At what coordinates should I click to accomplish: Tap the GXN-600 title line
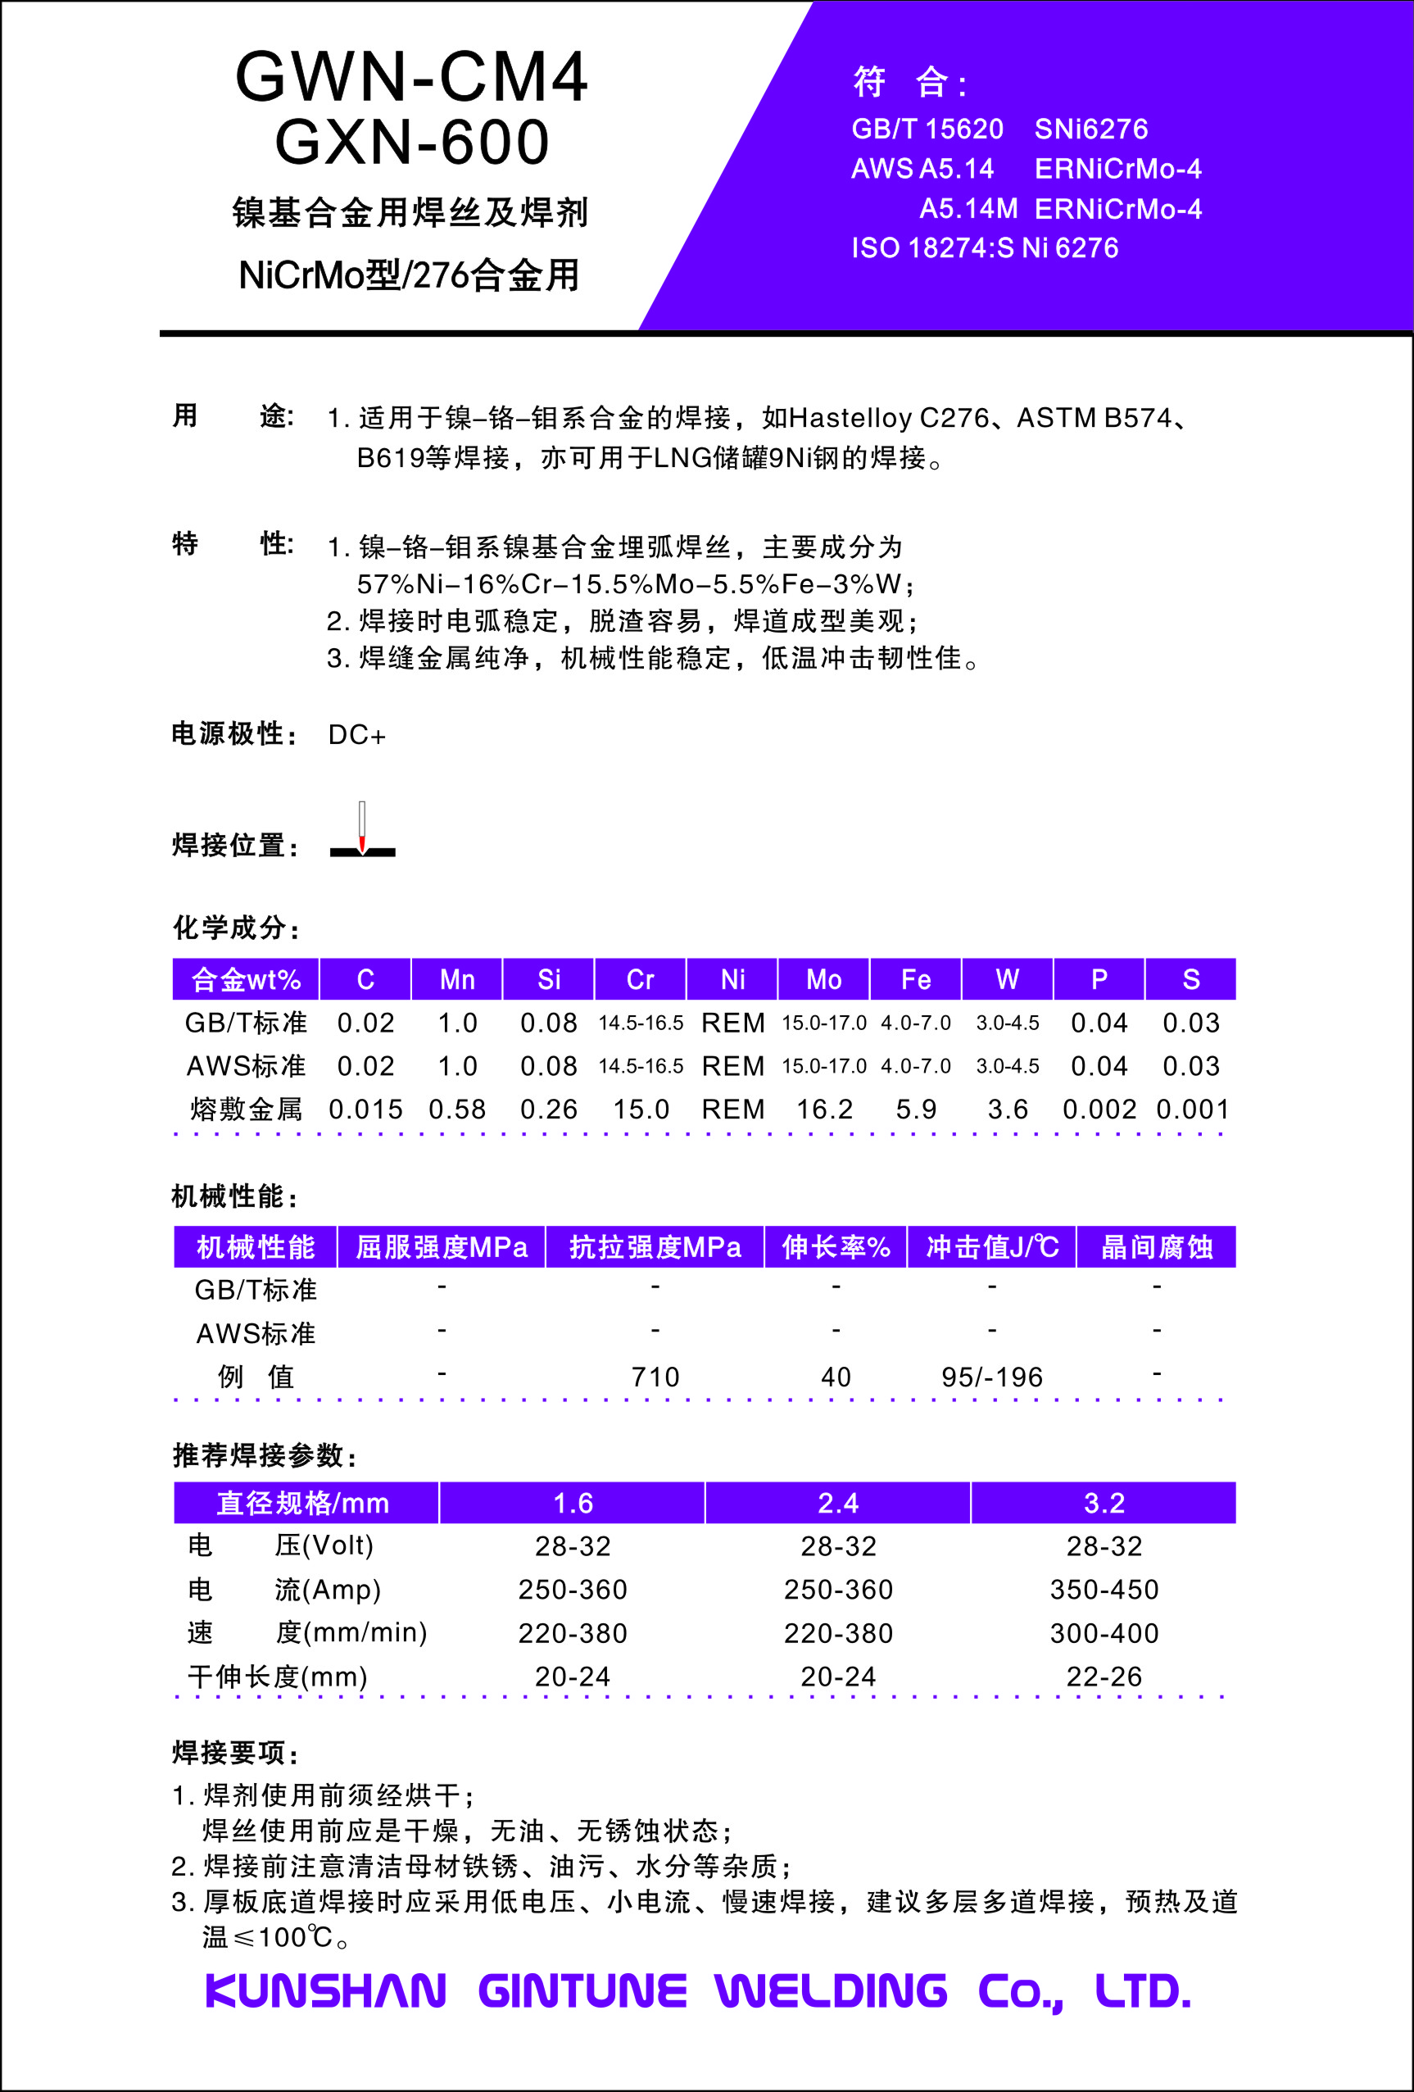tap(411, 143)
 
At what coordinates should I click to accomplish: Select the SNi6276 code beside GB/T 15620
tap(1091, 129)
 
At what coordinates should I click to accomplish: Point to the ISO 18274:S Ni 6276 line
tap(985, 247)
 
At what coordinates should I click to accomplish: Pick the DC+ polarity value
tap(356, 736)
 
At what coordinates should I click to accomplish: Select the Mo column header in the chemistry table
tap(823, 979)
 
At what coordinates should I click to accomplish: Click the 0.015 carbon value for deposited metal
tap(365, 1109)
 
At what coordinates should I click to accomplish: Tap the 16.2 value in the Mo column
tap(823, 1109)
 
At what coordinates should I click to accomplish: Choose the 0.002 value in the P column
tap(1099, 1109)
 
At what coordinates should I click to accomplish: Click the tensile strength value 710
tap(655, 1377)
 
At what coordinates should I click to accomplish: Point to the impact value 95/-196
tap(992, 1377)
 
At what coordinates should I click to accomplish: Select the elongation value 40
tap(836, 1377)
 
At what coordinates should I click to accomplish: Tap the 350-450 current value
tap(1104, 1589)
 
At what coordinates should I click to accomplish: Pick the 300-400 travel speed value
tap(1104, 1633)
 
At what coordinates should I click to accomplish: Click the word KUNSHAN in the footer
tap(326, 1991)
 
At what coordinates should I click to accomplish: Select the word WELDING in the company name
tap(831, 1991)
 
